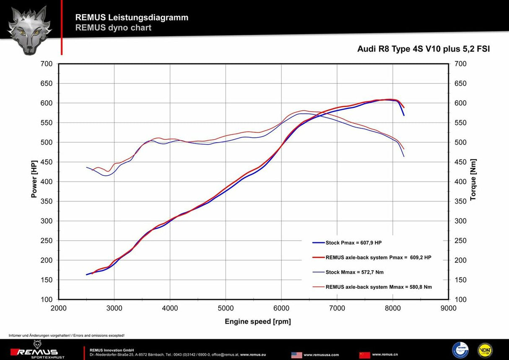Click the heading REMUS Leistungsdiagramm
pyautogui.click(x=132, y=18)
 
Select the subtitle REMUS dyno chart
pyautogui.click(x=113, y=28)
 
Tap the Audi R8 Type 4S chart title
pyautogui.click(x=423, y=49)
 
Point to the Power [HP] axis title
pyautogui.click(x=34, y=179)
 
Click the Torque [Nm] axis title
pyautogui.click(x=473, y=179)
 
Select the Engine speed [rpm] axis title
pyautogui.click(x=257, y=322)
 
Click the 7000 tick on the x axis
pyautogui.click(x=337, y=308)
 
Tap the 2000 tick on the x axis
pyautogui.click(x=59, y=308)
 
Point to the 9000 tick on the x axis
pyautogui.click(x=448, y=308)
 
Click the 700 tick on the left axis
pyautogui.click(x=47, y=64)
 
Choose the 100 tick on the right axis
pyautogui.click(x=460, y=300)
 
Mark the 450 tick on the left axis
pyautogui.click(x=47, y=162)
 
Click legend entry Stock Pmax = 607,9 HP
pyautogui.click(x=353, y=243)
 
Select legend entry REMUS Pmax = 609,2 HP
pyautogui.click(x=378, y=258)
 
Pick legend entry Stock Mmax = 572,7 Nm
pyautogui.click(x=354, y=272)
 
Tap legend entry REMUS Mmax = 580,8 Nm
pyautogui.click(x=378, y=287)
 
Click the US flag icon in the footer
pyautogui.click(x=296, y=355)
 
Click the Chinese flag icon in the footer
pyautogui.click(x=364, y=355)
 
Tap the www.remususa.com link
pyautogui.click(x=321, y=355)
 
